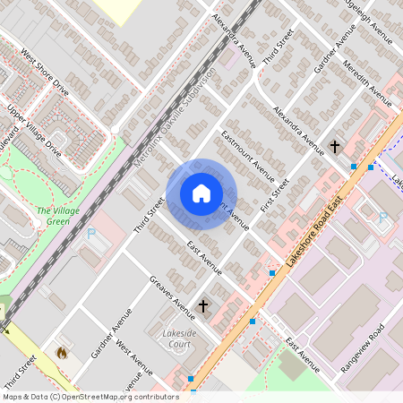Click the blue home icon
[201, 193]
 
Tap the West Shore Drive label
[45, 73]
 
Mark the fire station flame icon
[61, 353]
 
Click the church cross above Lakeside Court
[202, 306]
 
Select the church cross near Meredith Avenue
[335, 145]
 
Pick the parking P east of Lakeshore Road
[383, 217]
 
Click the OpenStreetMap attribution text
[90, 396]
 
